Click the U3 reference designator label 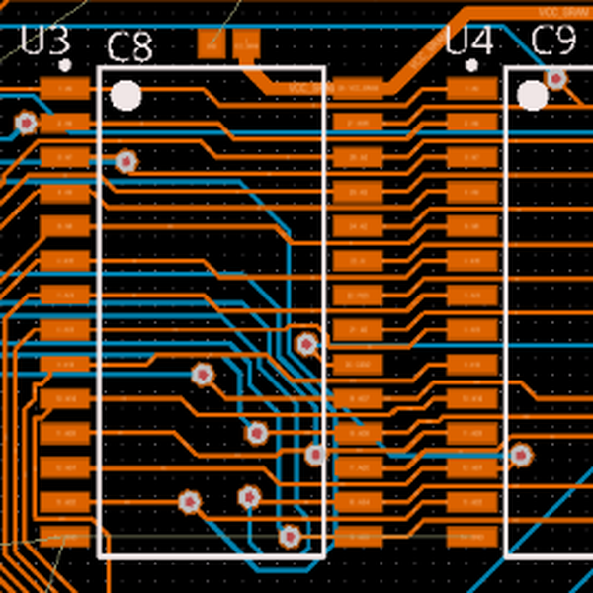[x=45, y=41]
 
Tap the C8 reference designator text [x=129, y=46]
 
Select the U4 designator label [x=468, y=41]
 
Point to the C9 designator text [x=553, y=41]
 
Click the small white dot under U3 [x=65, y=65]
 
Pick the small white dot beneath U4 [x=472, y=65]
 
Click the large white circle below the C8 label [x=126, y=96]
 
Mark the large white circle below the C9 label [x=533, y=96]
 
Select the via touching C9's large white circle [x=556, y=78]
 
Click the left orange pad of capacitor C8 [x=211, y=43]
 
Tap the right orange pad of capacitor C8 [x=245, y=43]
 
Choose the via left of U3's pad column [x=26, y=123]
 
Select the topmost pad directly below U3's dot [x=65, y=88]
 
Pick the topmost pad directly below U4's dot [x=472, y=88]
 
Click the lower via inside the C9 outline [x=520, y=455]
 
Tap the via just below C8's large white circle [x=126, y=161]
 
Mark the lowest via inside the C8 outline [x=289, y=536]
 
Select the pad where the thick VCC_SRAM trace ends [x=357, y=88]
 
